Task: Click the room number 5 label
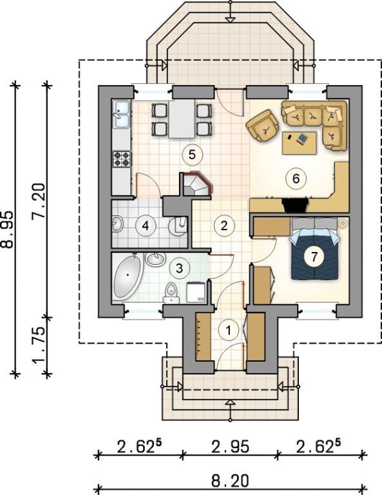[192, 155]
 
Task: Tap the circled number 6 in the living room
[296, 179]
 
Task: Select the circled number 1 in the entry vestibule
[229, 331]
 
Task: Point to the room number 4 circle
[145, 226]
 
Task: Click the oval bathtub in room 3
[128, 277]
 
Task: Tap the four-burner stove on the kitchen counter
[122, 159]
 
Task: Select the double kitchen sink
[122, 115]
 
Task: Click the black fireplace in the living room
[295, 205]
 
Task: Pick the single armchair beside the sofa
[263, 126]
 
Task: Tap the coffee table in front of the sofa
[300, 143]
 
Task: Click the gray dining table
[182, 119]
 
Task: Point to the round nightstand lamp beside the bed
[342, 224]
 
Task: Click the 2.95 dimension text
[230, 447]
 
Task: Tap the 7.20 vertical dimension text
[40, 201]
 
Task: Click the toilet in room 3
[171, 293]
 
